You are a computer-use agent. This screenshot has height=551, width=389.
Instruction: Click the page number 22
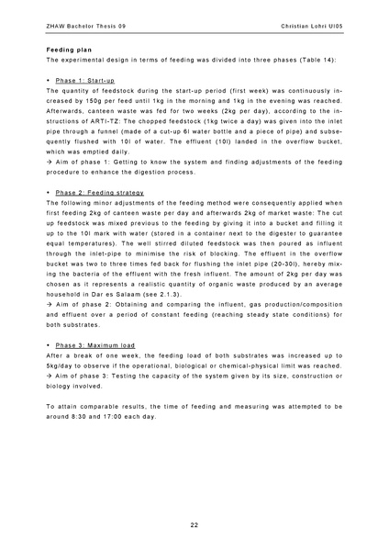[x=194, y=523]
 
